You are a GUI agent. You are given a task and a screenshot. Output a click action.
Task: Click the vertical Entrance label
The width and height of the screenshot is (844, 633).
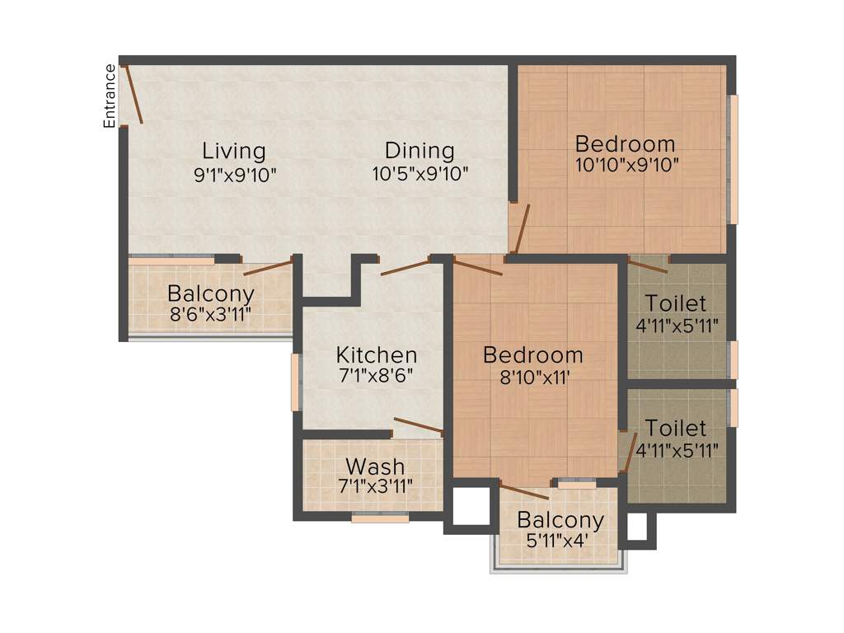point(109,96)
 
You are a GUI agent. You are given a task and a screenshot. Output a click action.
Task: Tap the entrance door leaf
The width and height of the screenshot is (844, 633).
point(134,96)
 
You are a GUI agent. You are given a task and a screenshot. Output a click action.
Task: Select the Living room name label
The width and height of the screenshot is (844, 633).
point(234,151)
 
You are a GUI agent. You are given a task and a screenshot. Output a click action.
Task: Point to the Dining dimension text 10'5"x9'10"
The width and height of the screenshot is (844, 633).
point(420,174)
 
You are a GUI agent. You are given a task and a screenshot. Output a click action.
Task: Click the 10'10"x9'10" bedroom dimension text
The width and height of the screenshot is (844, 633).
point(626,164)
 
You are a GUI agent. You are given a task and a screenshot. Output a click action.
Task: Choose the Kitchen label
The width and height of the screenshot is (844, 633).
point(376,355)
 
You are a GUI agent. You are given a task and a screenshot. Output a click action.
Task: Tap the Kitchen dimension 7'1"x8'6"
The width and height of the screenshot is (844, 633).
point(376,375)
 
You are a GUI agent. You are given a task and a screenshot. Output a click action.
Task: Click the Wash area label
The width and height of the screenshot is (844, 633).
point(375,467)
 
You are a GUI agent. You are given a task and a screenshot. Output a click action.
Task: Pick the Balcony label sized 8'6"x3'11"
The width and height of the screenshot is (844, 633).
point(210,293)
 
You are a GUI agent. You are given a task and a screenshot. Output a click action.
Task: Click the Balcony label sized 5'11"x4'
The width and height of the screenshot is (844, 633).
point(560,521)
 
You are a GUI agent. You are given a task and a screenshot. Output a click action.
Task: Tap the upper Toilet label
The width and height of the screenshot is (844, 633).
point(675,302)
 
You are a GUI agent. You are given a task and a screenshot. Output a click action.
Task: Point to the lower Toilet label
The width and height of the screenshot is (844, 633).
point(675,429)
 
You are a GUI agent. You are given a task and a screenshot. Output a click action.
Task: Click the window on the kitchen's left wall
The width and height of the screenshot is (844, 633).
point(295,382)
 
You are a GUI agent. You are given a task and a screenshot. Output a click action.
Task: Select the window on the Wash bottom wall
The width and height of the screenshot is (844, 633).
point(380,518)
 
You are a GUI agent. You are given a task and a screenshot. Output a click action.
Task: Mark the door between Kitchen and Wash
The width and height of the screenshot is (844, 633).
point(418,426)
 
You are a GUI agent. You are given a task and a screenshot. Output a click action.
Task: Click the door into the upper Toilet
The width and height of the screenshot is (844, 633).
point(647,265)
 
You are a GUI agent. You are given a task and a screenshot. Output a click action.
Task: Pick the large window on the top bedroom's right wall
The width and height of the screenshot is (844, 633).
point(733,158)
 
